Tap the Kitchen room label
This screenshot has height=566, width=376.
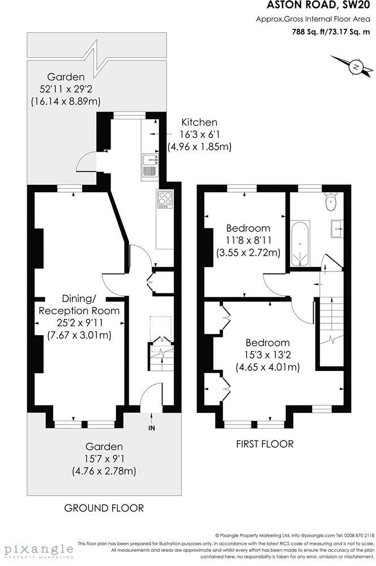(x=199, y=122)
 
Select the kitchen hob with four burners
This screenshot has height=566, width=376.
(x=165, y=200)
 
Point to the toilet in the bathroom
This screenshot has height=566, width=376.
(x=331, y=201)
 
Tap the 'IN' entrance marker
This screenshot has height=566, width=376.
(x=151, y=429)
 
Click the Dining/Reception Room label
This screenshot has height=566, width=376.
(x=79, y=305)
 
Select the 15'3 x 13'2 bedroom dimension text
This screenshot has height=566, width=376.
(x=267, y=355)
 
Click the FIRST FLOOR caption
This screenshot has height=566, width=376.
(x=264, y=444)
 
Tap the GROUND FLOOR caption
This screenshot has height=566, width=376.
(x=103, y=508)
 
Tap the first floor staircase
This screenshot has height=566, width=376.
(x=331, y=334)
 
